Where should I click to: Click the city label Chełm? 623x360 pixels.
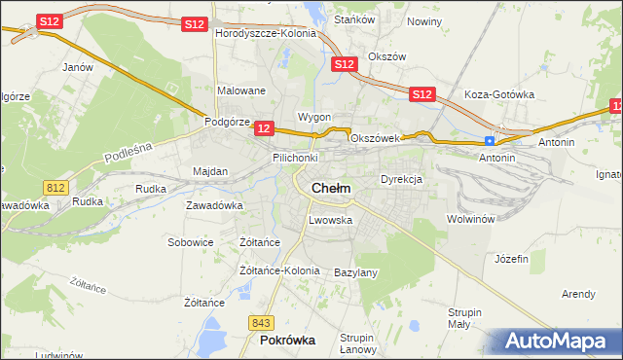pos(330,188)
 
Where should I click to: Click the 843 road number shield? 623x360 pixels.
pos(260,323)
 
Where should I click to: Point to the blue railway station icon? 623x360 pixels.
pos(490,141)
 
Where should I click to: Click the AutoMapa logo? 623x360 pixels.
pos(561,342)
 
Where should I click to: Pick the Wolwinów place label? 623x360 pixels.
pos(471,219)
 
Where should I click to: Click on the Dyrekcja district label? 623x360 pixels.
pos(400,180)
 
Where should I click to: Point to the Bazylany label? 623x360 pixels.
pos(355,272)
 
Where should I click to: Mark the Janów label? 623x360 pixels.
pos(77,67)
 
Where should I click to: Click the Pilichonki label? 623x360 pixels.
pos(296,157)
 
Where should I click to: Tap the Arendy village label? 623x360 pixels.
pos(578,294)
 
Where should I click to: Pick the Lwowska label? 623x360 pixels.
pos(329,220)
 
